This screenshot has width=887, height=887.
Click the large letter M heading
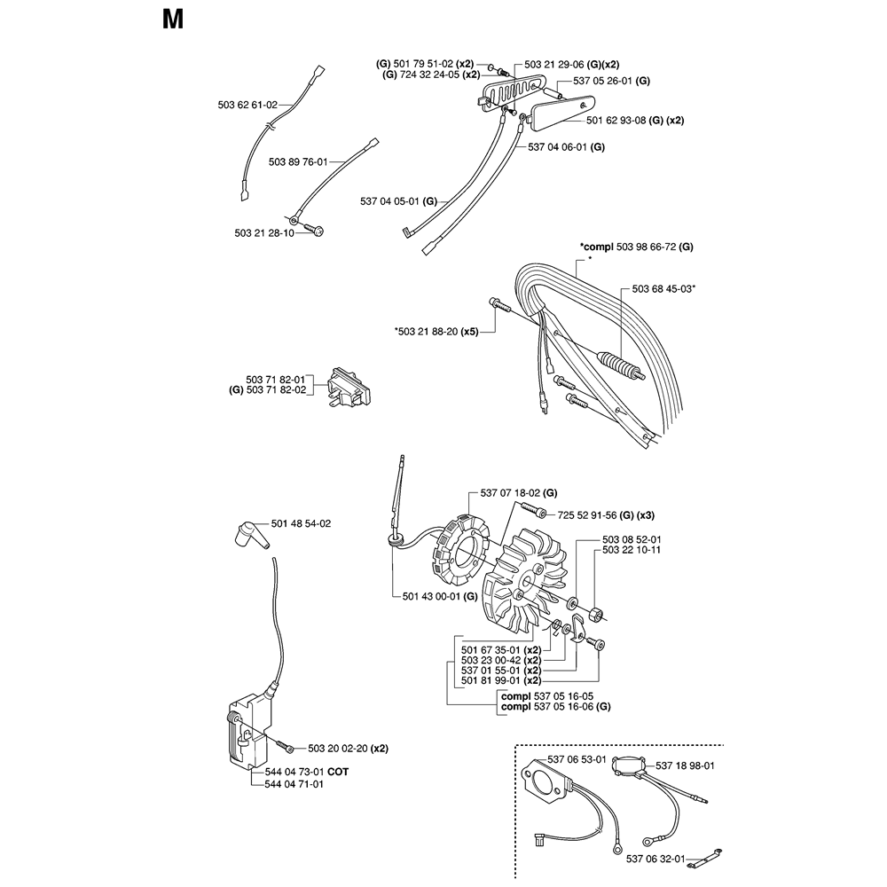tap(173, 20)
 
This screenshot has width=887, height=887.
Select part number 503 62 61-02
tap(247, 105)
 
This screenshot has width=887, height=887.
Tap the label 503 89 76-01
tap(298, 161)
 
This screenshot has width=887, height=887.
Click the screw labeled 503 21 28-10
tap(314, 229)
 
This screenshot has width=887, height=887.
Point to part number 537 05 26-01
tap(604, 81)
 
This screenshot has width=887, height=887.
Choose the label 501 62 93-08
tap(616, 121)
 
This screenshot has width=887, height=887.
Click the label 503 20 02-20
tap(338, 749)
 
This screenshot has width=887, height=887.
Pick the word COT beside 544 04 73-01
tap(338, 772)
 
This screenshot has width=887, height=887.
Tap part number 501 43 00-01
tap(432, 596)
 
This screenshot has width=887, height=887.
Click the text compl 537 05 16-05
tap(547, 696)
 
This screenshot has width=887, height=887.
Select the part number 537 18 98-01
tap(685, 766)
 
